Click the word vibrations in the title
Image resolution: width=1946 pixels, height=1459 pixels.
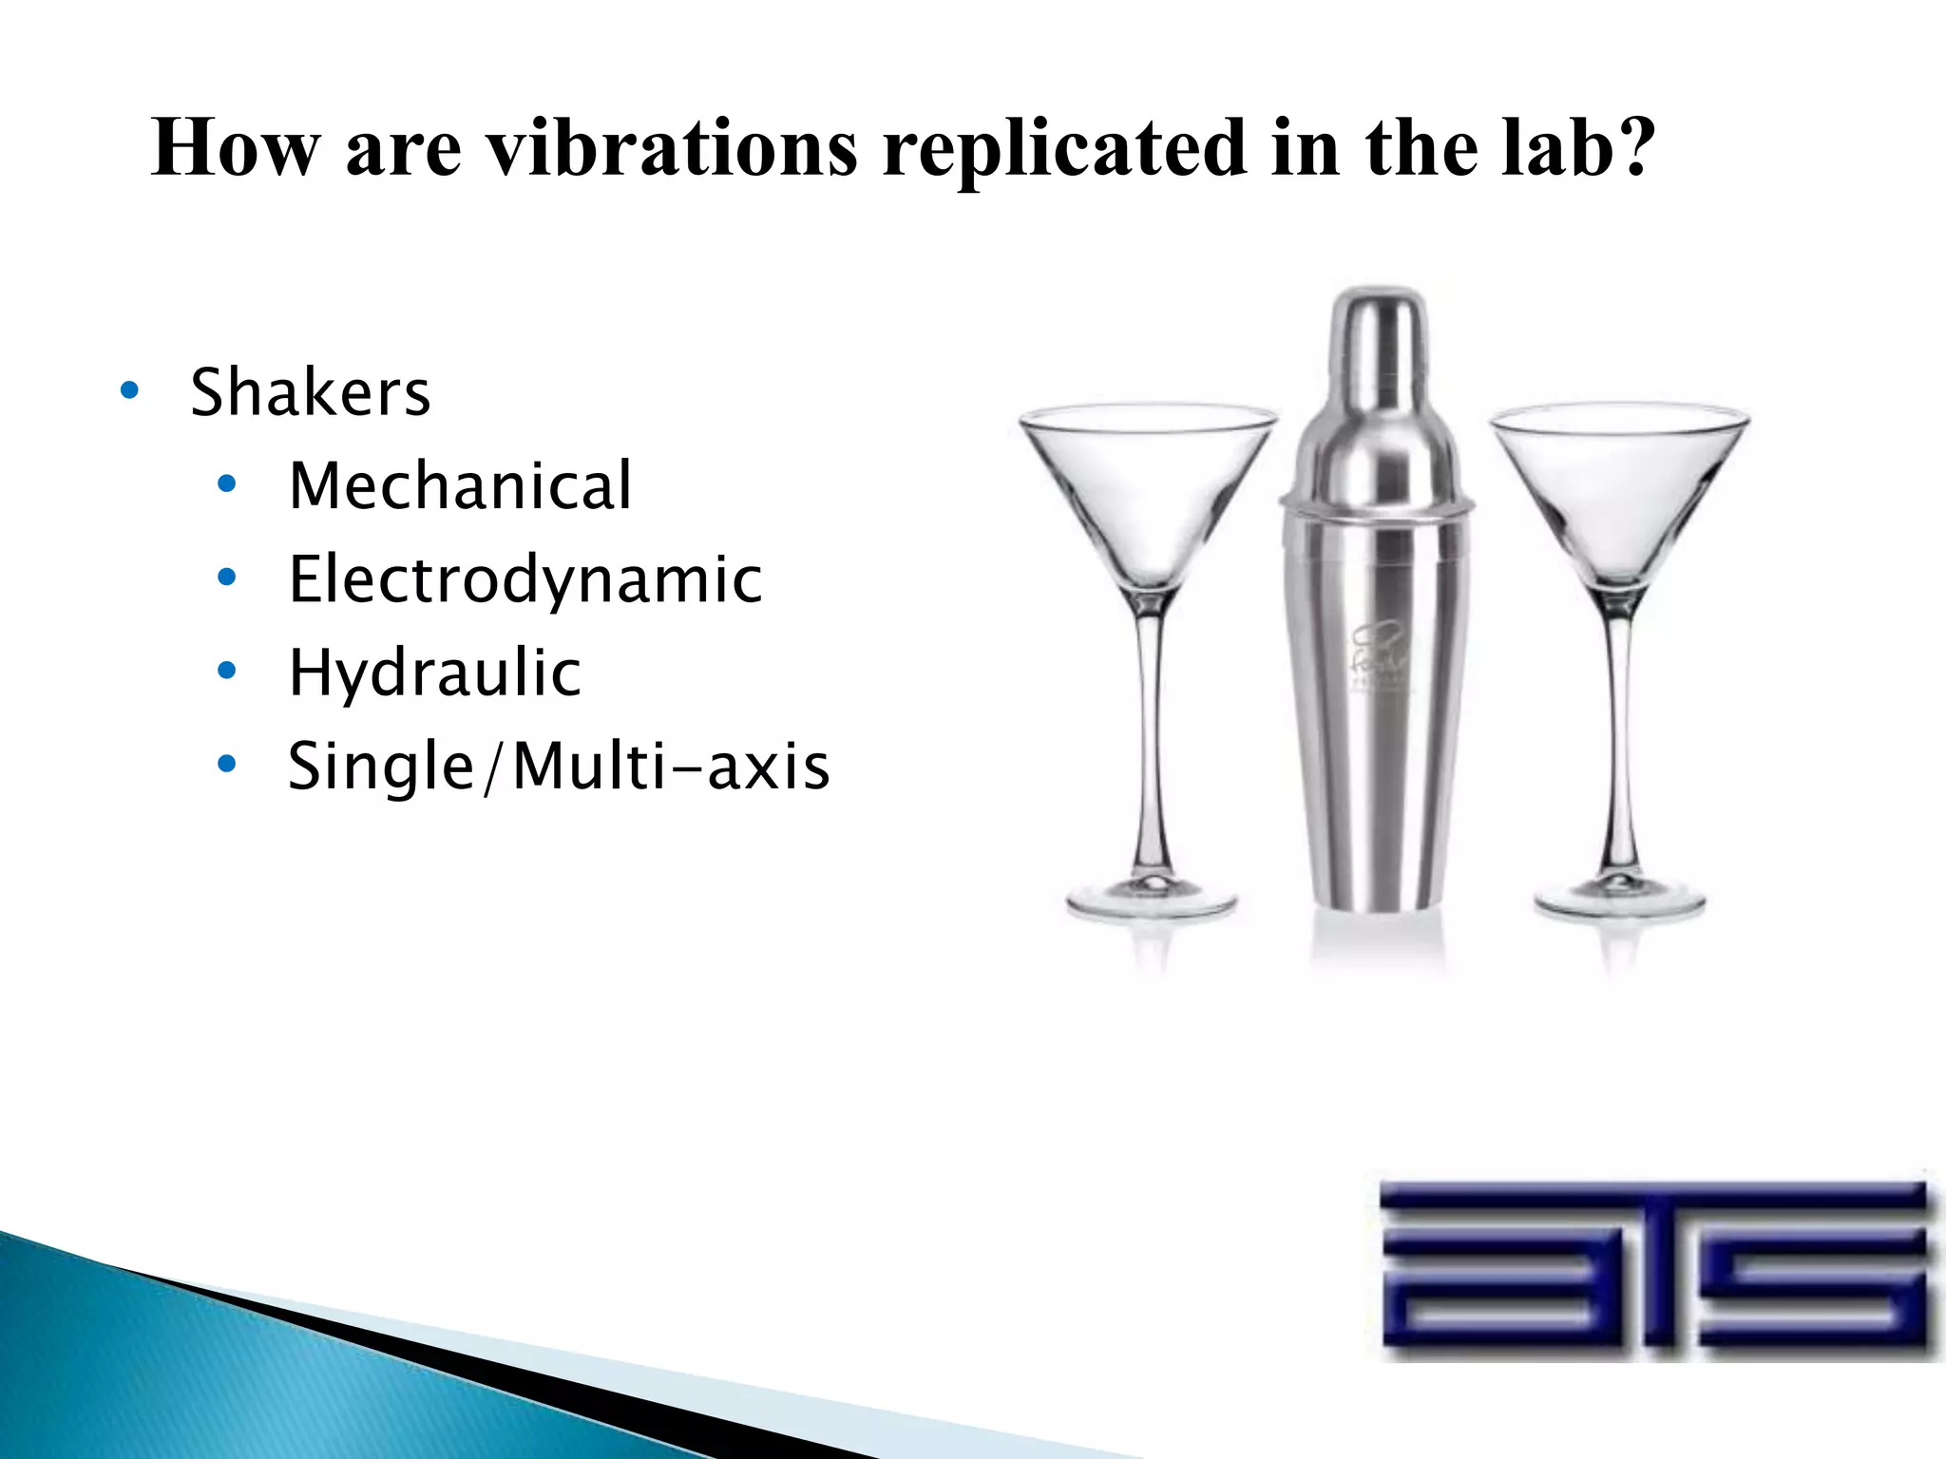click(671, 148)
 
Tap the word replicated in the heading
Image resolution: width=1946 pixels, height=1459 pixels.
click(1064, 148)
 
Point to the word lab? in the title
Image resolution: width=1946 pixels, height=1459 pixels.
click(1577, 148)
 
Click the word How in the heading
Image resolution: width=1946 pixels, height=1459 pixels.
click(236, 148)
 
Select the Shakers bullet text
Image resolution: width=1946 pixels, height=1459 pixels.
click(310, 391)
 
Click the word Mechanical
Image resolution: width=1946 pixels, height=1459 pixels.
click(460, 485)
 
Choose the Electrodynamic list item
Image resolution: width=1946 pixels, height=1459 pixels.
click(525, 578)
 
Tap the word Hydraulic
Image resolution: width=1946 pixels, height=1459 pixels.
click(434, 673)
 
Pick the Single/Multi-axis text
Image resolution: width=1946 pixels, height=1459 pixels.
click(559, 766)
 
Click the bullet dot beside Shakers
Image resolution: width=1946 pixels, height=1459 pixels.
click(130, 390)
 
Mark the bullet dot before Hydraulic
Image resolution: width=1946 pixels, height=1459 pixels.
click(226, 672)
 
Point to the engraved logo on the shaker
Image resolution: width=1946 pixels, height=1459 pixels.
click(1378, 655)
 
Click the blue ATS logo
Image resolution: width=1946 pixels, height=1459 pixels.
click(1653, 1263)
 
